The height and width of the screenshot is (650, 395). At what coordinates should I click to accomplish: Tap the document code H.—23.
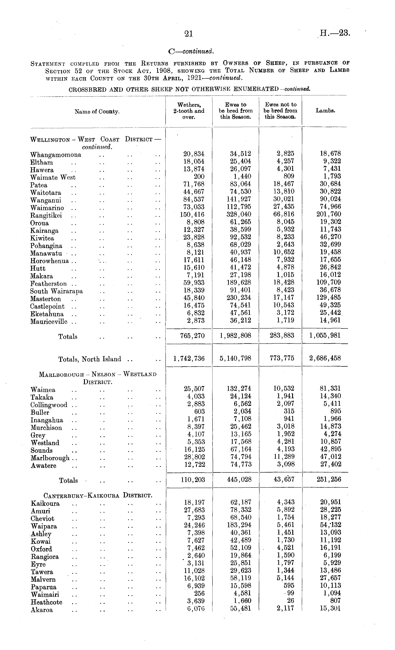(335, 33)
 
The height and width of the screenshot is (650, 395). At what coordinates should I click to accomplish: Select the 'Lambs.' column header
(325, 111)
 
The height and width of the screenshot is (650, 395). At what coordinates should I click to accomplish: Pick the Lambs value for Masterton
(329, 297)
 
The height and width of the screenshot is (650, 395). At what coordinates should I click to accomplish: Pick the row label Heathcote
(47, 602)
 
